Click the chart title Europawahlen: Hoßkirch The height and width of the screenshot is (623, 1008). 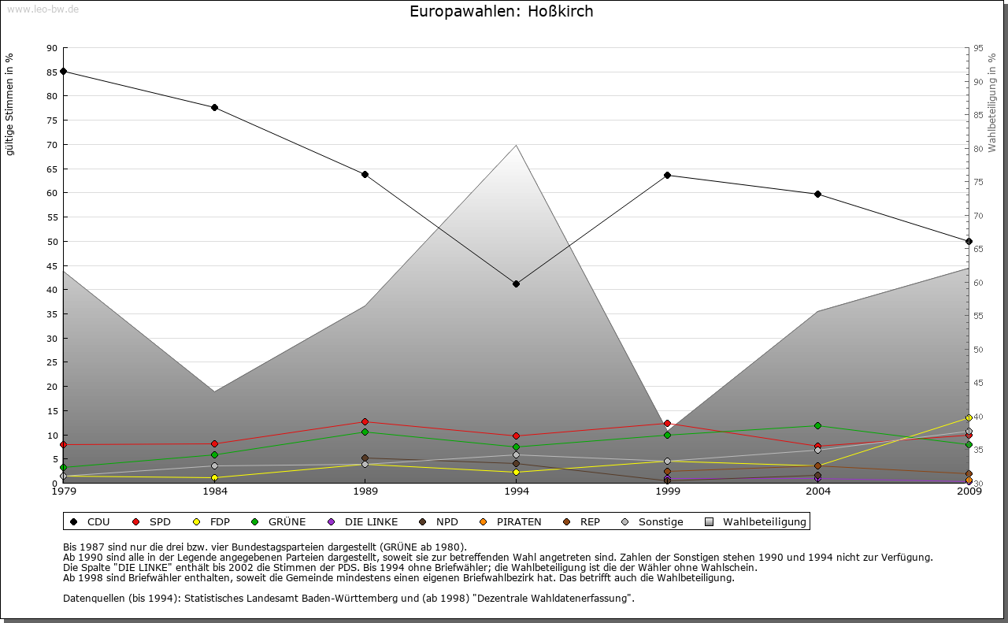tap(502, 12)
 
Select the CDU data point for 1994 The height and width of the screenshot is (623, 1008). tap(516, 284)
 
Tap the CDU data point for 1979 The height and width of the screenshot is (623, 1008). tap(63, 71)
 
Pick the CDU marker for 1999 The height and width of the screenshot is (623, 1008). tap(667, 175)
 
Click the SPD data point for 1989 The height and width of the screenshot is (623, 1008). tap(365, 421)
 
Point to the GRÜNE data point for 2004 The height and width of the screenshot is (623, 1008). tap(818, 425)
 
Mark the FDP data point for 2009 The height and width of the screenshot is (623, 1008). tap(969, 417)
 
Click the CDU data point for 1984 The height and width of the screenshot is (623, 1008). tap(214, 107)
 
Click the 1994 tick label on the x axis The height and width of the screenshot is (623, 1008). tap(516, 492)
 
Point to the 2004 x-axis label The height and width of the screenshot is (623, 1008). tap(818, 492)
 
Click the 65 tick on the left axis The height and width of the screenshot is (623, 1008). tap(52, 169)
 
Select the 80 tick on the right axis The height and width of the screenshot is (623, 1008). tap(978, 149)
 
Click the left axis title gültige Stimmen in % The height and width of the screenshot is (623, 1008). tap(10, 104)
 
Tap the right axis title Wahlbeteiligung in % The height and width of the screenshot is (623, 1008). tap(992, 102)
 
